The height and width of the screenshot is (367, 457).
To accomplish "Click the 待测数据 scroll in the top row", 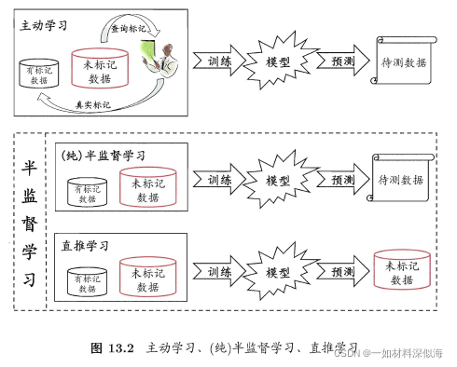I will pyautogui.click(x=403, y=62).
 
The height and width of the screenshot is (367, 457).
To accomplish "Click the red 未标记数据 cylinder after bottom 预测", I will pyautogui.click(x=401, y=273).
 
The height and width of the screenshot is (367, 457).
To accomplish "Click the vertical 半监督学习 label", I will pyautogui.click(x=30, y=223).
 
